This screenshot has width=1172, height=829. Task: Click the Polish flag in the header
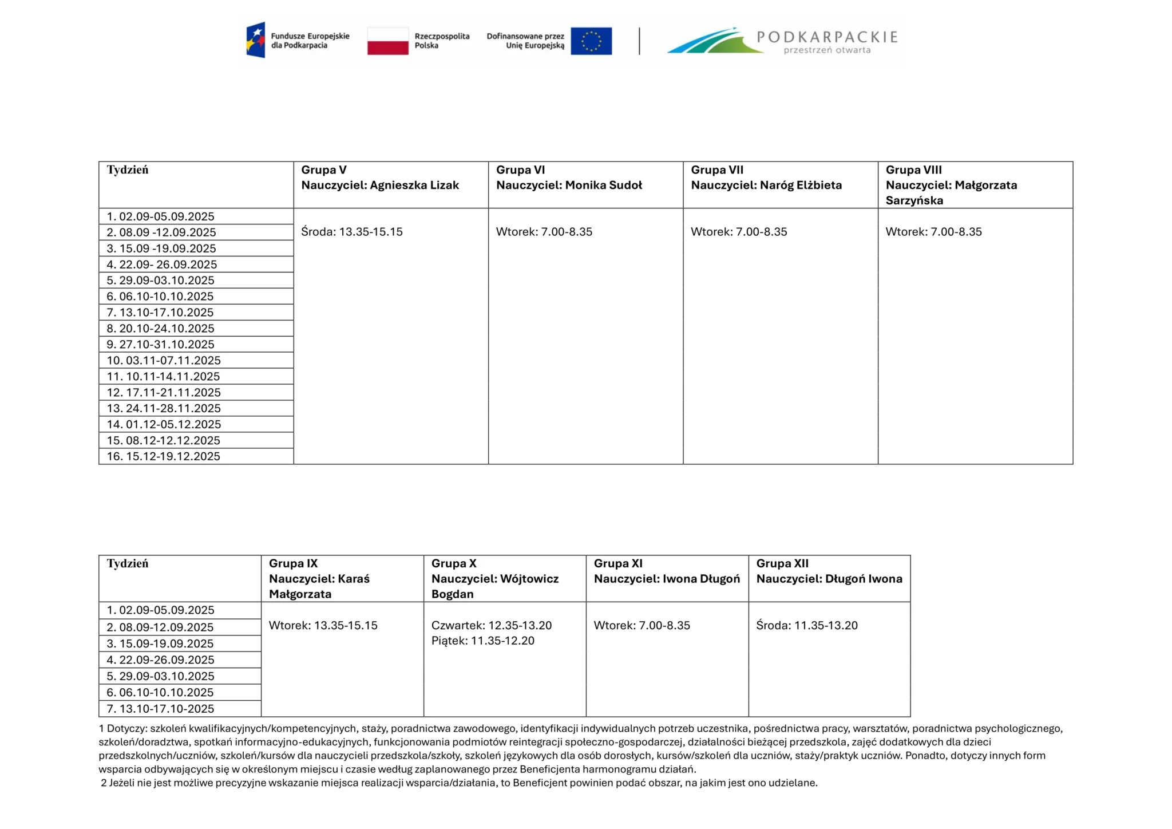tap(387, 41)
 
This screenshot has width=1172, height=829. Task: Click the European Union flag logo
tap(591, 41)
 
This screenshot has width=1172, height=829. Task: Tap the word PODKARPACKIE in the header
tap(827, 37)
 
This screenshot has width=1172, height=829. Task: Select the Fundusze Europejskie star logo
tap(256, 40)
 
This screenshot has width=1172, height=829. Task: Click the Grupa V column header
tap(324, 170)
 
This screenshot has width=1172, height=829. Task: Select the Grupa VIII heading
tap(913, 170)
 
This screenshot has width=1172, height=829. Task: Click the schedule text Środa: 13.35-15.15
tap(352, 232)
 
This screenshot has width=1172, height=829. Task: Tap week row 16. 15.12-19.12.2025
tap(163, 456)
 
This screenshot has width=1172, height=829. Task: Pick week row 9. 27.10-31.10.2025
tap(160, 345)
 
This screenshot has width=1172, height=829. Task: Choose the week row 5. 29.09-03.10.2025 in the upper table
tap(160, 281)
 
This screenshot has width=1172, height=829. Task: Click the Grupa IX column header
tap(293, 563)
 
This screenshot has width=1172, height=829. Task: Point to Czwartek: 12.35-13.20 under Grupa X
tap(492, 625)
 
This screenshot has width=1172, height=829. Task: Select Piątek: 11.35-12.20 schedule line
tap(482, 641)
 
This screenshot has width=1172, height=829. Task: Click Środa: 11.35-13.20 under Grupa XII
tap(807, 625)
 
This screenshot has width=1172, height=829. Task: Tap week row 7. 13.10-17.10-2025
tap(160, 709)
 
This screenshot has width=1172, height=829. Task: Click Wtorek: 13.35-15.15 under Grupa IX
tap(323, 625)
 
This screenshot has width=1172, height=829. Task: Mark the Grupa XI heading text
tap(618, 563)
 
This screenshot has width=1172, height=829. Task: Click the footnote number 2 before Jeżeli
tap(104, 783)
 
